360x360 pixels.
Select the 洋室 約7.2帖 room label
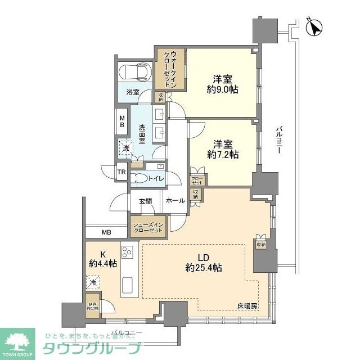[x=220, y=149]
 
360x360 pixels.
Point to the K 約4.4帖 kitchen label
[x=102, y=258]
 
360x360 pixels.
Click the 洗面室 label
[x=142, y=134]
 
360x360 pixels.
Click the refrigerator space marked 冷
[x=92, y=282]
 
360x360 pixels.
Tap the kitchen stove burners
[x=128, y=253]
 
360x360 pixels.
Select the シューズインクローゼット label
[x=148, y=226]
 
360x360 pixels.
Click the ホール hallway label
[x=177, y=200]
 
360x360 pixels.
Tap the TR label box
[x=121, y=172]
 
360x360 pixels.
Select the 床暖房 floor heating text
[x=246, y=306]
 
